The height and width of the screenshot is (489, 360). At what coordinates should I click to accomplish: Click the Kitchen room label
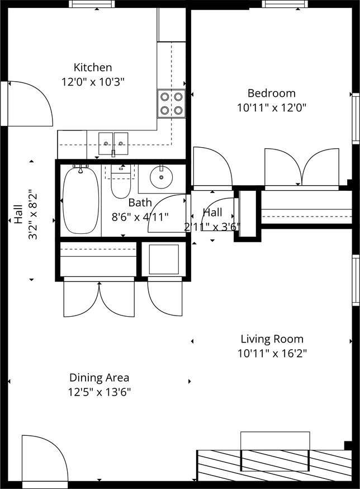point(93,67)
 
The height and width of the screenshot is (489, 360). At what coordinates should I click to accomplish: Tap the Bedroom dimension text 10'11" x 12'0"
point(272,108)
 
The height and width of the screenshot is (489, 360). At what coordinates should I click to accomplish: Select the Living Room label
point(272,339)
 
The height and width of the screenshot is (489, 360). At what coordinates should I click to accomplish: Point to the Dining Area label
point(99,378)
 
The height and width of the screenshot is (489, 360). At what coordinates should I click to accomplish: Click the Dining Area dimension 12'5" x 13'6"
point(99,392)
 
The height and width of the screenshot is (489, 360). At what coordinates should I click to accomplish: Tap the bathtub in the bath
point(80,200)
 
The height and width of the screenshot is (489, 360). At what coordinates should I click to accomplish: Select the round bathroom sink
point(161,177)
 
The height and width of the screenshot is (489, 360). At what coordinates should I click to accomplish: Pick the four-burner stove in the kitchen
point(171,104)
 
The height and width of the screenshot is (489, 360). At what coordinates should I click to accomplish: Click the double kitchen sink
point(113,143)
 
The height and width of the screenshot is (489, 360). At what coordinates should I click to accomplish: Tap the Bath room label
point(140,203)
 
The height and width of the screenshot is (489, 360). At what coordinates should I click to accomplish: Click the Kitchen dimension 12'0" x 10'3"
point(93,82)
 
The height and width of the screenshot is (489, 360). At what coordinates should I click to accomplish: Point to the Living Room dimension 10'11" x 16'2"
point(272,354)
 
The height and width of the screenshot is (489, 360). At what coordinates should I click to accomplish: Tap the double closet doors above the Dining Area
point(99,299)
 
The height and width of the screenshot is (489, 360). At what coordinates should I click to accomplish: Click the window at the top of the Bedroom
point(285,4)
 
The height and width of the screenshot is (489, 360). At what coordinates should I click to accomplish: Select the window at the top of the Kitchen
point(92,4)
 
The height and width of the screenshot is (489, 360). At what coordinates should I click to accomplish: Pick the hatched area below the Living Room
point(274,465)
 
